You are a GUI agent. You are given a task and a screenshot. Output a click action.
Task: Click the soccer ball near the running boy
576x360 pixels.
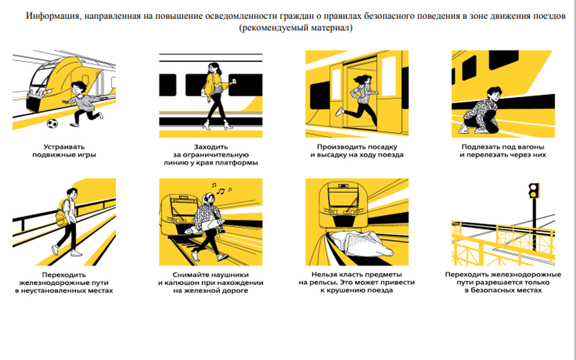[x=52, y=123]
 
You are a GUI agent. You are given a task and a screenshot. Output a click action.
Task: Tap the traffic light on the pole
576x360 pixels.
[x=534, y=191]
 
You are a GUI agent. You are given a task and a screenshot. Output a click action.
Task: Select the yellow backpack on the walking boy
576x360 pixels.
[x=62, y=217]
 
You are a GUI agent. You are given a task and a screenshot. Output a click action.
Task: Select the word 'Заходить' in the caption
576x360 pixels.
[x=211, y=147]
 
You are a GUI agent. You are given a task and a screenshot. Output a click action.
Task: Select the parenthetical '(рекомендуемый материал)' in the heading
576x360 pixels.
[x=296, y=28]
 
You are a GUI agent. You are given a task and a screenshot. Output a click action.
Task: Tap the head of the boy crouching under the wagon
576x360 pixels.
[x=493, y=94]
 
